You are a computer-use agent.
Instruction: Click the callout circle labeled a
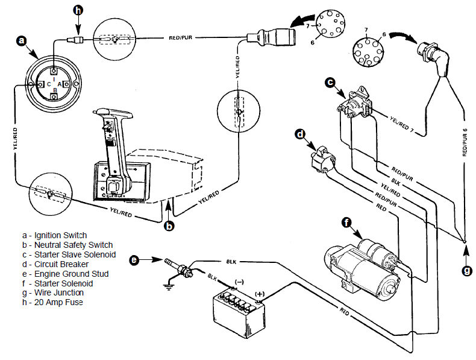click(22, 41)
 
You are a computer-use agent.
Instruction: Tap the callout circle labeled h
click(78, 10)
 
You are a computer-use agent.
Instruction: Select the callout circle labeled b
click(170, 226)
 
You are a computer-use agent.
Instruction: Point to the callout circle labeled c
click(330, 82)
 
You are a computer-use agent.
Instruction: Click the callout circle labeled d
click(301, 134)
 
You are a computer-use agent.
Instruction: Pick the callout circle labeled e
click(135, 261)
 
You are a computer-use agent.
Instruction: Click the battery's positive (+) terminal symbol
click(260, 294)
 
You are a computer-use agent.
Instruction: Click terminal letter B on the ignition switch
click(55, 90)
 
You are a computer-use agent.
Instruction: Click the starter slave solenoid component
click(355, 102)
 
